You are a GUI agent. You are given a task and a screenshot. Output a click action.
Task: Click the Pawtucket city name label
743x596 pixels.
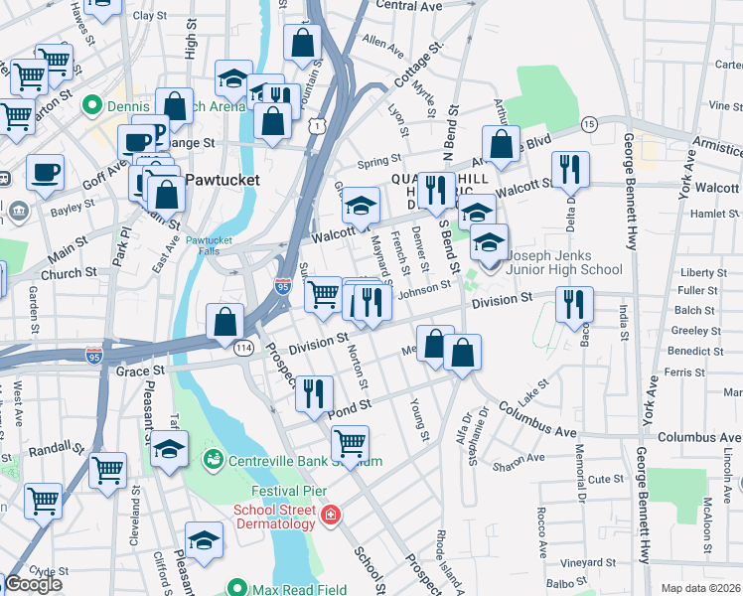222,180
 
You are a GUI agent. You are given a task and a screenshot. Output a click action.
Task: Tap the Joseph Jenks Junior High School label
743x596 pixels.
564,261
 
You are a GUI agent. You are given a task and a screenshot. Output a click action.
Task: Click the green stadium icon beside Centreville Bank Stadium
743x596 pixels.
213,460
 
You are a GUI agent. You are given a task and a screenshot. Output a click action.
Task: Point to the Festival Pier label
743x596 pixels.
289,492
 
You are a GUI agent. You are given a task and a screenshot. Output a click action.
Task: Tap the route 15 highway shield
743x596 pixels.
589,123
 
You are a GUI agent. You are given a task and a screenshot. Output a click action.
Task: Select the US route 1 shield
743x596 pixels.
316,126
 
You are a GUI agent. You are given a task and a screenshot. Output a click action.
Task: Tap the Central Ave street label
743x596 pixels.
408,6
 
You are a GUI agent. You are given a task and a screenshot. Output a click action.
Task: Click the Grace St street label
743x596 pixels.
138,372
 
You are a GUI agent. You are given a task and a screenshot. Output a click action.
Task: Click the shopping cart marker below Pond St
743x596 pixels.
350,443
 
